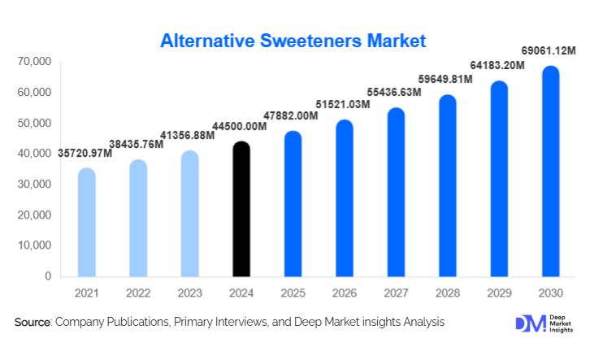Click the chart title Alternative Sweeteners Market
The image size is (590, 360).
(x=293, y=40)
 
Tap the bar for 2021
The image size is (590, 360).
(x=87, y=223)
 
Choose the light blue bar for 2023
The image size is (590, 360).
(x=189, y=215)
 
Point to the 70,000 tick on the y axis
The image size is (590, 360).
(x=33, y=62)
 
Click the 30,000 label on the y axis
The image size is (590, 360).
(x=33, y=184)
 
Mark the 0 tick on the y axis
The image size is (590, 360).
(x=48, y=276)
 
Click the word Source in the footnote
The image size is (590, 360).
(x=33, y=323)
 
